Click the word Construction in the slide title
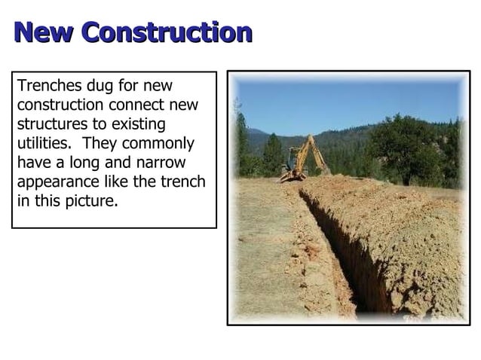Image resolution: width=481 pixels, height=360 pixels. (167, 32)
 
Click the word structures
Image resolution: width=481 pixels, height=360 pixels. (52, 124)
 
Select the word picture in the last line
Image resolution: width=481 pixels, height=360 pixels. (92, 202)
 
